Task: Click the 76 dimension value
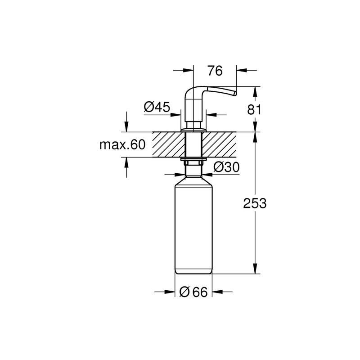[x=215, y=71]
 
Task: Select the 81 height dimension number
[x=254, y=110]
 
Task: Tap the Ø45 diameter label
[x=157, y=107]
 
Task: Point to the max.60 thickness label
[x=122, y=145]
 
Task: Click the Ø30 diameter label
[x=227, y=167]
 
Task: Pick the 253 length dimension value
[x=255, y=203]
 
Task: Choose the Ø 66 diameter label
[x=193, y=292]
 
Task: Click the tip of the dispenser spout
[x=235, y=93]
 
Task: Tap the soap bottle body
[x=194, y=225]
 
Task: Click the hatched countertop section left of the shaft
[x=169, y=144]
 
